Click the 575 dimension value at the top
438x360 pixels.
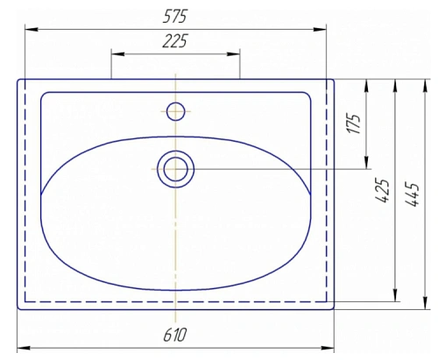pos(176,17)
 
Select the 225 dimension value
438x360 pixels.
pos(176,41)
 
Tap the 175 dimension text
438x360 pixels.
pos(354,123)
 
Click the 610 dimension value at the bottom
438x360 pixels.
pos(176,335)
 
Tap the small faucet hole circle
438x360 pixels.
pos(176,110)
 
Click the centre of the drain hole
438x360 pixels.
pos(176,168)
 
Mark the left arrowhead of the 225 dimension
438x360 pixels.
pos(115,53)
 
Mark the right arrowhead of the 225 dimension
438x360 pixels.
pos(236,53)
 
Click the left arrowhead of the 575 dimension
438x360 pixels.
pos(29,29)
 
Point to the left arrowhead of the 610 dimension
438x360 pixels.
pos(22,348)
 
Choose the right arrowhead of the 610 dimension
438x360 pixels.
pos(330,348)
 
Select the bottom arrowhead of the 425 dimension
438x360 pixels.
pos(397,295)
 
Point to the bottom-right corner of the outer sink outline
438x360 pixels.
pos(333,308)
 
